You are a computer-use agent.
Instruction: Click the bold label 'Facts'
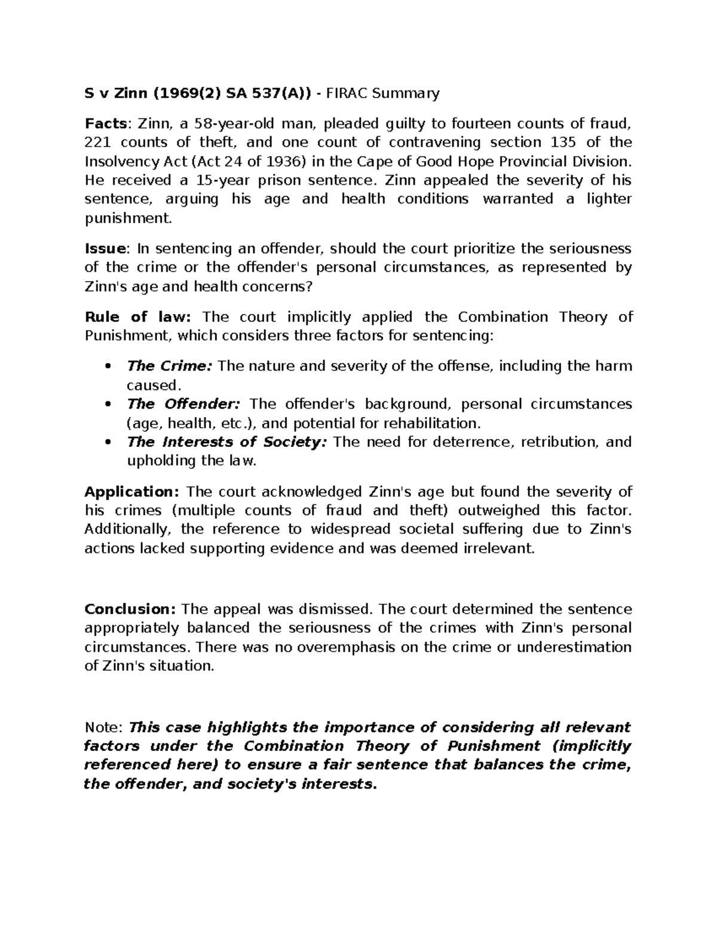click(x=105, y=124)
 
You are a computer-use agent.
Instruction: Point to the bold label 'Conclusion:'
click(x=130, y=609)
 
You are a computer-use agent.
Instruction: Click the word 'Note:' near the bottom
click(x=103, y=727)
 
